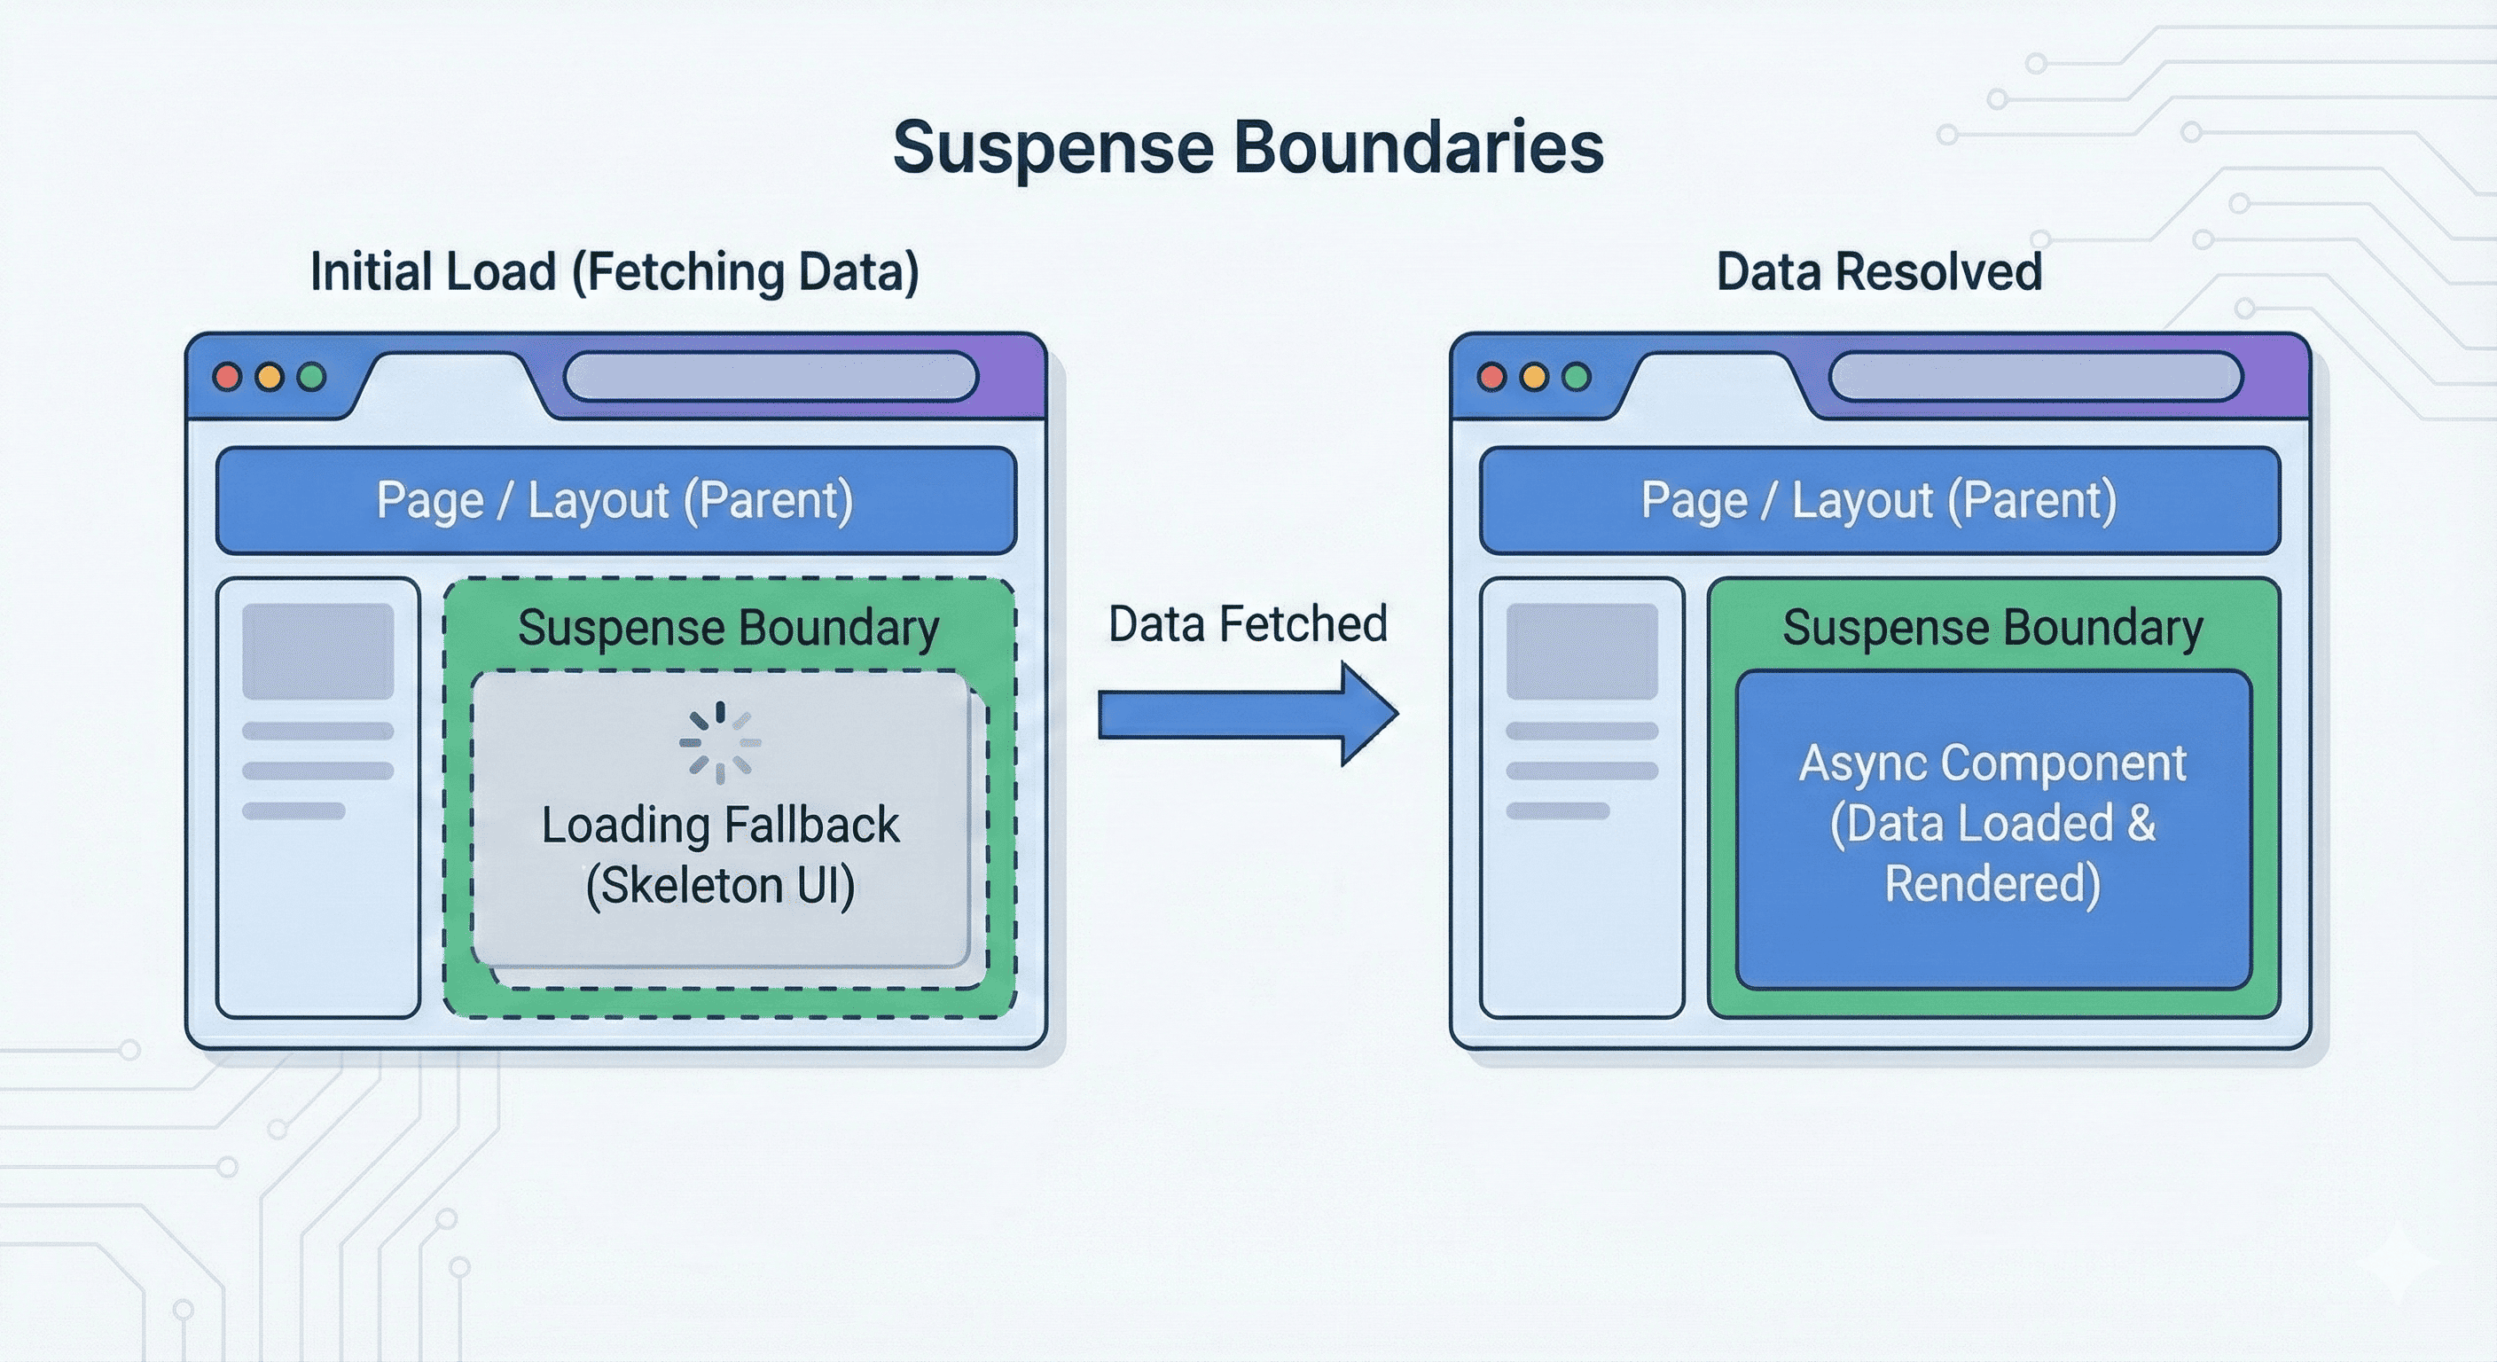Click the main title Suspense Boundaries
tap(1248, 147)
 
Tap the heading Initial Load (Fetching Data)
tap(614, 271)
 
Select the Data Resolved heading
tap(1879, 271)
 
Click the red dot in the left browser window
tap(228, 377)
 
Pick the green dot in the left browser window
tap(312, 377)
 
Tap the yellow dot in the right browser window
tap(1534, 377)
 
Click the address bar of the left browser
tap(771, 377)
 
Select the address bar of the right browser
tap(2036, 377)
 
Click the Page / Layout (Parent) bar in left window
tap(615, 500)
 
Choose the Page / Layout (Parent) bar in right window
tap(1880, 500)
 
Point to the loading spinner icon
tap(719, 742)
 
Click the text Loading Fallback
tap(720, 825)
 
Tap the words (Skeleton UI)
tap(720, 885)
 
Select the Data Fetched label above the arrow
tap(1248, 624)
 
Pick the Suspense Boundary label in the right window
tap(1993, 627)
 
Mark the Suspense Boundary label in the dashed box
tap(728, 627)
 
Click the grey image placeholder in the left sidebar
tap(318, 651)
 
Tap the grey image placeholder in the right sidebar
tap(1582, 651)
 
